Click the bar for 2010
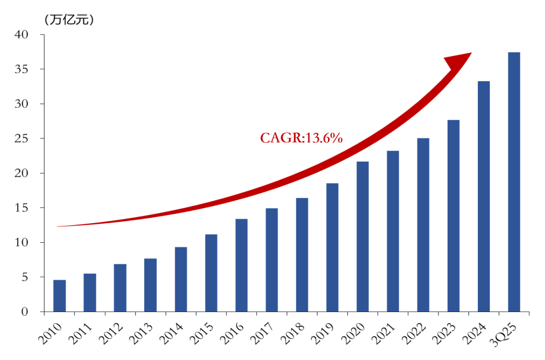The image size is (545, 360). point(60,296)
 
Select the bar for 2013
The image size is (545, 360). point(150,285)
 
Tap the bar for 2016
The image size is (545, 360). point(241,265)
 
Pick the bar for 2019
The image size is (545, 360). point(332,247)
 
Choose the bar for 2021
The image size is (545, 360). point(393,231)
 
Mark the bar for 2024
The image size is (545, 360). point(483,196)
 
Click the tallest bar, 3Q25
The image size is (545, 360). point(514,182)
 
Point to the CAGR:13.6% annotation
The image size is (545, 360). point(301,138)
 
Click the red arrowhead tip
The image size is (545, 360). point(470,53)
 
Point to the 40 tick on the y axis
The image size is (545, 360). point(22,34)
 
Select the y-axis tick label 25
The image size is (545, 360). point(22,138)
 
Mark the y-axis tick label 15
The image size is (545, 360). point(22,208)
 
